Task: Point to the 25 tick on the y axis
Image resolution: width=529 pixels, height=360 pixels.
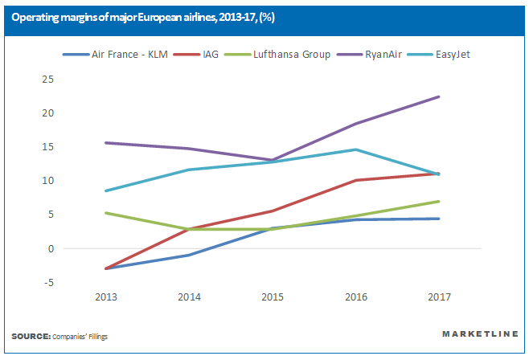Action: [47, 79]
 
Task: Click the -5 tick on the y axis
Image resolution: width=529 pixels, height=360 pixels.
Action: [49, 282]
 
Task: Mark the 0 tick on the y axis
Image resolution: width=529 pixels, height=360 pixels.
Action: [51, 248]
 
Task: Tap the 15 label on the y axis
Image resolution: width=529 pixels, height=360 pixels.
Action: [47, 147]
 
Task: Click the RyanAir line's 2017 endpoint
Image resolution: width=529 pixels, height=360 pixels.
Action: [439, 96]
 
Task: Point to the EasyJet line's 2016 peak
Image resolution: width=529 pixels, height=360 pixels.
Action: [355, 149]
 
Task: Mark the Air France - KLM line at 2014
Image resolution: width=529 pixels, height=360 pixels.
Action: [188, 255]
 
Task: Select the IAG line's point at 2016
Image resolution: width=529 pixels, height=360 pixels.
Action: [355, 180]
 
